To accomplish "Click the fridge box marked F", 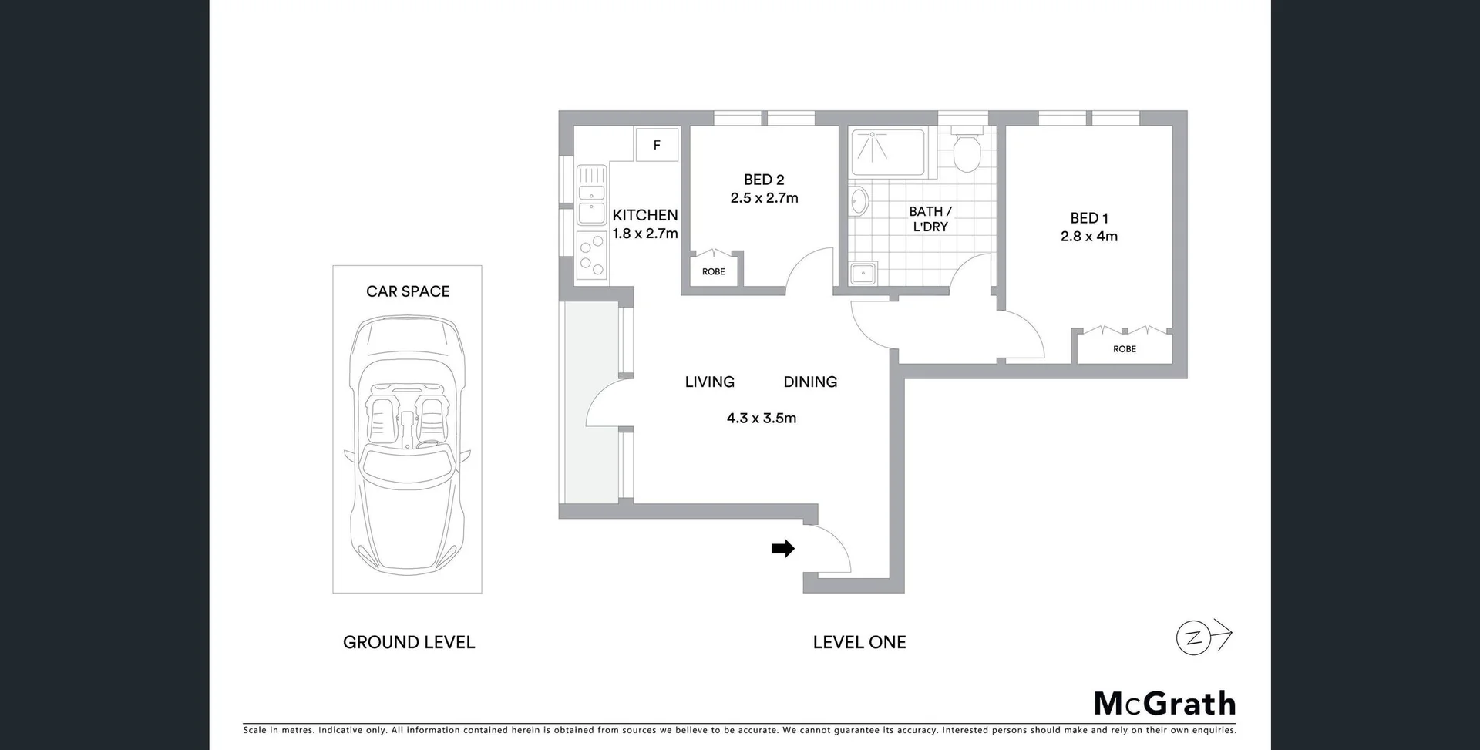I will [657, 145].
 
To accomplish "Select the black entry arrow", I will [783, 549].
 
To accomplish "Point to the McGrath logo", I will [1164, 704].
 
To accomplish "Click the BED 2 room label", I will [764, 180].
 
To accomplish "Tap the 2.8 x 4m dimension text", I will [1088, 237].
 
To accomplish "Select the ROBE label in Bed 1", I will [1124, 349].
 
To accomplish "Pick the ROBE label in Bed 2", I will [713, 271].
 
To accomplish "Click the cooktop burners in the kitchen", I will [592, 256].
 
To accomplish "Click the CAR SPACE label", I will [408, 291].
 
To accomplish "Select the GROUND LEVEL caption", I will [409, 642].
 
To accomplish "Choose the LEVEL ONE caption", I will [859, 642].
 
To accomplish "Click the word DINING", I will [810, 382].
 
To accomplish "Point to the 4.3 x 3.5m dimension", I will [761, 418].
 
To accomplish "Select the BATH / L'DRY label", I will [930, 219].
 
